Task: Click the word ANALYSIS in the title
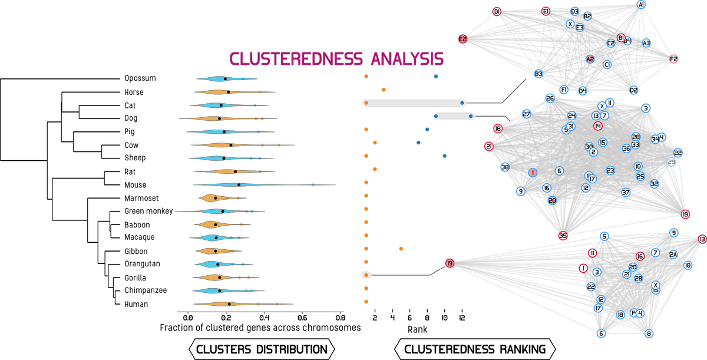(407, 60)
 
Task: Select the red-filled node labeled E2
(462, 39)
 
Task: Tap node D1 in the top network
(497, 12)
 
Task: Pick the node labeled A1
(641, 5)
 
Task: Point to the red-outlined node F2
(674, 59)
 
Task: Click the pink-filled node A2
(590, 59)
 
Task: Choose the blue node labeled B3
(538, 74)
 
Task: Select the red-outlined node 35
(563, 236)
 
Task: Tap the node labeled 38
(505, 167)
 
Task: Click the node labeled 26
(550, 98)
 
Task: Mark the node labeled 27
(527, 114)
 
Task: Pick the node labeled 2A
(673, 254)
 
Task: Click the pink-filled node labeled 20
(552, 200)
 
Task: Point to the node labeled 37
(626, 193)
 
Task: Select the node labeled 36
(626, 148)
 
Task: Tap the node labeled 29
(671, 162)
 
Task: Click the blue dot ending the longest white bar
(462, 103)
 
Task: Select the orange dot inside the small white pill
(366, 275)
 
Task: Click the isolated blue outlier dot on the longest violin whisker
(313, 185)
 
